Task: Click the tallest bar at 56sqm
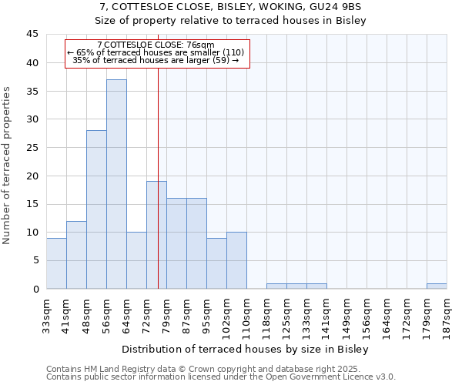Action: [116, 184]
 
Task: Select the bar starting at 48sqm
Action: [96, 209]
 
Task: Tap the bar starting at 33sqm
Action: [56, 263]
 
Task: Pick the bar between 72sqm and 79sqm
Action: [156, 235]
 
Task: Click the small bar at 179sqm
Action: [437, 286]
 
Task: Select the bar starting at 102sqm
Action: [236, 260]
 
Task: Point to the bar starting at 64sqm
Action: [136, 260]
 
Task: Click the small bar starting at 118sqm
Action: [276, 286]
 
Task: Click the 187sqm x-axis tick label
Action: [447, 315]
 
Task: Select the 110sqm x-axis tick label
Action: [246, 315]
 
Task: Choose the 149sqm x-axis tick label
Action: [346, 315]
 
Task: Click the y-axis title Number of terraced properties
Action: [8, 166]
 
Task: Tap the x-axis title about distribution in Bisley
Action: [246, 350]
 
